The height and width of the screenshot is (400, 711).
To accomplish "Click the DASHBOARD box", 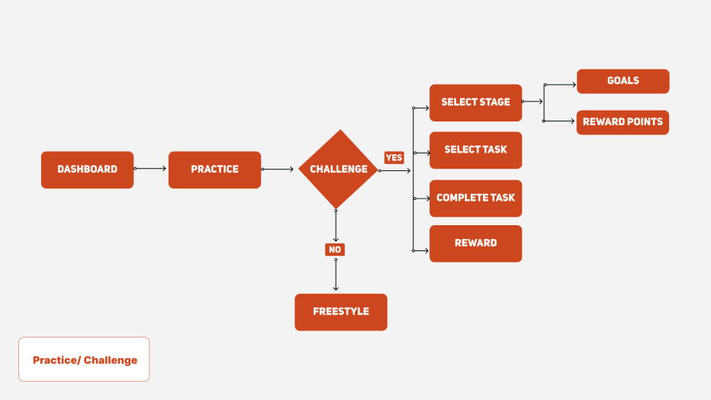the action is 87,169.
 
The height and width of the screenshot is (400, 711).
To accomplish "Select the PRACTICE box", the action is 214,169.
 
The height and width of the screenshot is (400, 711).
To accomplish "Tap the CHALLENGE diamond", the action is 338,169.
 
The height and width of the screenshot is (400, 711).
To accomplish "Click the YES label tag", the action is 394,157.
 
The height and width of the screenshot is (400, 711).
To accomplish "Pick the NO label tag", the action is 335,250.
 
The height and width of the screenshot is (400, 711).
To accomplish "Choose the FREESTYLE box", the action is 341,312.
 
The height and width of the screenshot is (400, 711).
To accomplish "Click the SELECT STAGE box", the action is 476,102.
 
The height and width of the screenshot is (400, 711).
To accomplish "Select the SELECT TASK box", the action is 476,150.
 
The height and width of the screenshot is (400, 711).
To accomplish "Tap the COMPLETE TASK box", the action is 476,198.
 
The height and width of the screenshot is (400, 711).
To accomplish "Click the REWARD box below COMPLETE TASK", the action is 476,244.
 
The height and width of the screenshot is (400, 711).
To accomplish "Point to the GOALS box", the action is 623,81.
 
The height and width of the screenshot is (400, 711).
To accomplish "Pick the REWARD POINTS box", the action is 623,122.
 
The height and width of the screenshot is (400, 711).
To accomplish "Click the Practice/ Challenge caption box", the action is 84,360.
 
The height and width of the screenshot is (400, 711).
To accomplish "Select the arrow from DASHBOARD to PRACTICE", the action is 150,169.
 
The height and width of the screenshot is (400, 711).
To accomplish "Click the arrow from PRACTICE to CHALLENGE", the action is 278,169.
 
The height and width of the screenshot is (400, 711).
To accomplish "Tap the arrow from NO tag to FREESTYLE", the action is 336,275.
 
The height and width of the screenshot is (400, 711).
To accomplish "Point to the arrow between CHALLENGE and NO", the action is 336,225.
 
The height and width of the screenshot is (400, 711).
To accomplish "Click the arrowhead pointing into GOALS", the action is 574,85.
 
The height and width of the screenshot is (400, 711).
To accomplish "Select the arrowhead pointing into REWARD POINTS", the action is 573,121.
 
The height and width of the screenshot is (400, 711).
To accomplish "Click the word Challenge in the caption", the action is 111,360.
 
